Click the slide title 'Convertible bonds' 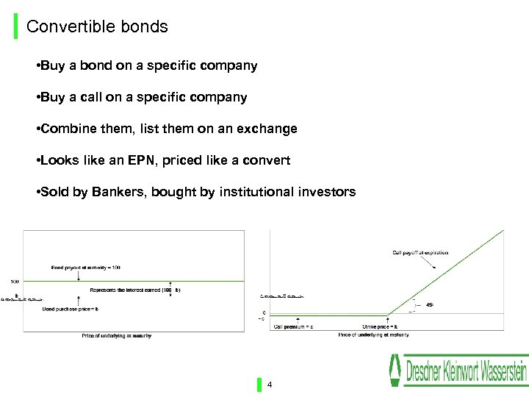pyautogui.click(x=97, y=27)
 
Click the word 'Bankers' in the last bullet pyautogui.click(x=118, y=192)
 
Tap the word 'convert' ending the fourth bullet pyautogui.click(x=266, y=160)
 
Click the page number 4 pyautogui.click(x=270, y=385)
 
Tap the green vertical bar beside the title pyautogui.click(x=16, y=27)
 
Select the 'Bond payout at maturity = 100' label pyautogui.click(x=86, y=267)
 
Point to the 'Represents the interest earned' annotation pyautogui.click(x=134, y=290)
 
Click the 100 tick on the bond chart pyautogui.click(x=15, y=282)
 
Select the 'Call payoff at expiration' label pyautogui.click(x=420, y=253)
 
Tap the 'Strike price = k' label pyautogui.click(x=380, y=326)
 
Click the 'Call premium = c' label pyautogui.click(x=293, y=326)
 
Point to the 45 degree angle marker pyautogui.click(x=429, y=304)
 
